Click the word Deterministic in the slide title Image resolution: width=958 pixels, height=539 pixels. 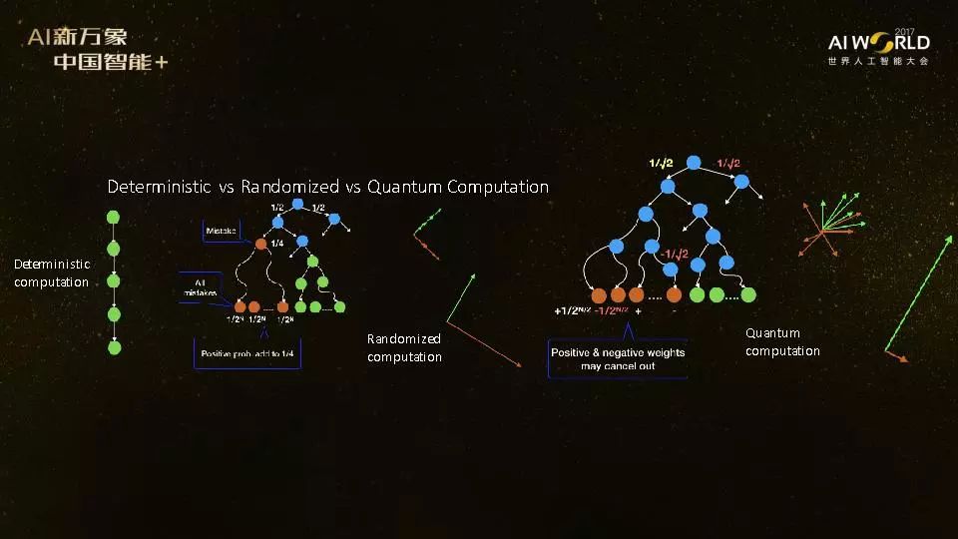tap(159, 187)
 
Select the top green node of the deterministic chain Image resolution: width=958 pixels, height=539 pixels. tap(114, 216)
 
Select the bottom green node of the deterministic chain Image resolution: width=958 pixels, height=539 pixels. tap(114, 347)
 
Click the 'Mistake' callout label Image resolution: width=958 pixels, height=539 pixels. tap(221, 232)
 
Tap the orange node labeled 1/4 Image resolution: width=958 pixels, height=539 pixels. tap(260, 243)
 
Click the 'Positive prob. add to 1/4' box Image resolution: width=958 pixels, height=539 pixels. tap(248, 354)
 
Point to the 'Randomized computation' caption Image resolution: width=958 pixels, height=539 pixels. tap(404, 347)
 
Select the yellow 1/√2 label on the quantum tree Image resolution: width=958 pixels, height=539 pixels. tap(661, 163)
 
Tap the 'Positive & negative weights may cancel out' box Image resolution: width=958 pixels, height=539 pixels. tap(618, 358)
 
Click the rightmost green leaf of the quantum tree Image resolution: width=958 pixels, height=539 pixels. tap(748, 294)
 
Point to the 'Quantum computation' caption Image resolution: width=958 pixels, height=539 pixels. tap(782, 341)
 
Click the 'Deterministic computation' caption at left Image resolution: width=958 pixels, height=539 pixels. tap(52, 272)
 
